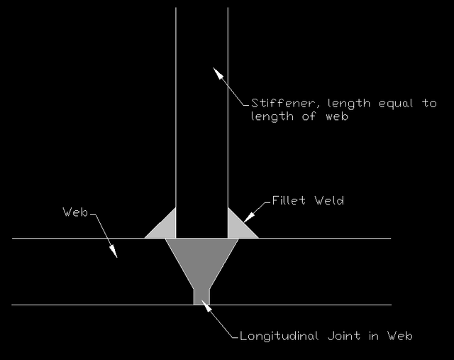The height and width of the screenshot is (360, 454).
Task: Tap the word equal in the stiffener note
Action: point(396,104)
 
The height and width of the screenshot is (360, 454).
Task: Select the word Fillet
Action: point(289,200)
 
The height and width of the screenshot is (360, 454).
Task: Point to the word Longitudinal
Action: point(279,336)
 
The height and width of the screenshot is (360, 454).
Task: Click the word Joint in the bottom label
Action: point(344,336)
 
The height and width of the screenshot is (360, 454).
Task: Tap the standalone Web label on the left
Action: point(75,212)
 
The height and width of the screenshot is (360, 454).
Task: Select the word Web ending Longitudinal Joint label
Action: point(400,336)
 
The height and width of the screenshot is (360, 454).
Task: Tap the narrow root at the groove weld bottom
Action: point(201,297)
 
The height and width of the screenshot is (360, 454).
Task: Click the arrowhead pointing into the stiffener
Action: point(218,73)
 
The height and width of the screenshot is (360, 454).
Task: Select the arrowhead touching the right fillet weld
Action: point(249,217)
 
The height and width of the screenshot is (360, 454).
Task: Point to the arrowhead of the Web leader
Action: point(113,251)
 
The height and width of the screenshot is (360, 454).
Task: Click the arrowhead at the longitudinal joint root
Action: point(206,305)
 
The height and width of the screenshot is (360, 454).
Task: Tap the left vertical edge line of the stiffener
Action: point(176,107)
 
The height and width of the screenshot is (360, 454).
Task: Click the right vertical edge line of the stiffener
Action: point(228,107)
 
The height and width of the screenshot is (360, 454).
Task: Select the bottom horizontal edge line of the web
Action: point(201,305)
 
